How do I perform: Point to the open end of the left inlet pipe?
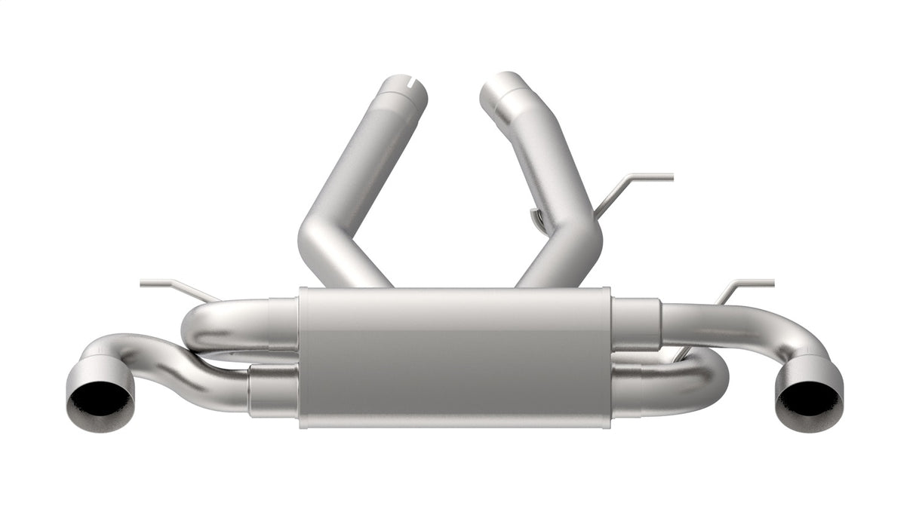pos(405,88)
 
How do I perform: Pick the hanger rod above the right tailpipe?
pos(743,286)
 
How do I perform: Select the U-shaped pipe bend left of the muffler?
pos(200,332)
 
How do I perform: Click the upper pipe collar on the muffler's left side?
pos(282,324)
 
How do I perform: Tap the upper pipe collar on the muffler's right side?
pos(636,324)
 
